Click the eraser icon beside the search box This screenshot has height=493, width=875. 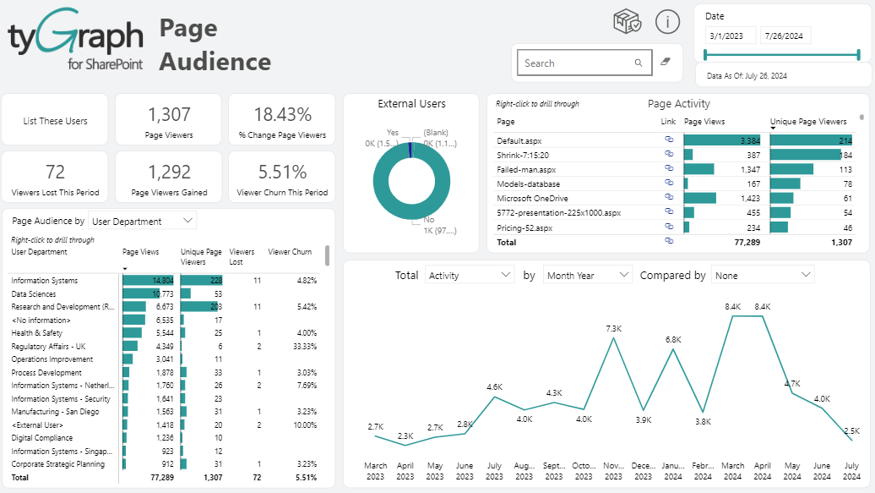click(x=665, y=63)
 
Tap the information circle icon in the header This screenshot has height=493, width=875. click(x=667, y=23)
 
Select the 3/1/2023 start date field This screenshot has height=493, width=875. click(x=731, y=36)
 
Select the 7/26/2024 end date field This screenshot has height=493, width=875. click(x=785, y=36)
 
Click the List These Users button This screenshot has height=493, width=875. click(x=55, y=121)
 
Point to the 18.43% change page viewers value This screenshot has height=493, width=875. click(x=282, y=115)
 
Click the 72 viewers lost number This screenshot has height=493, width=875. click(x=55, y=173)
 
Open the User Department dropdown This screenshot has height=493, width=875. click(x=142, y=222)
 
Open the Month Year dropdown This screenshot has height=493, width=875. click(x=588, y=276)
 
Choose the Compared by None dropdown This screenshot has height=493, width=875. click(x=763, y=276)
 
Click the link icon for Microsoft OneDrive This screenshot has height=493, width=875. click(x=669, y=198)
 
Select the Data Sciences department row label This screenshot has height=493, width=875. click(x=34, y=293)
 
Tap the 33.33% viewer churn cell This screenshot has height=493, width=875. click(x=304, y=346)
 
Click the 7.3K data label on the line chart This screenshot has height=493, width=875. click(x=614, y=328)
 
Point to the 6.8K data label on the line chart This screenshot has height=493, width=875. click(x=673, y=340)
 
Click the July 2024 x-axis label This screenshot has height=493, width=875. click(x=851, y=471)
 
